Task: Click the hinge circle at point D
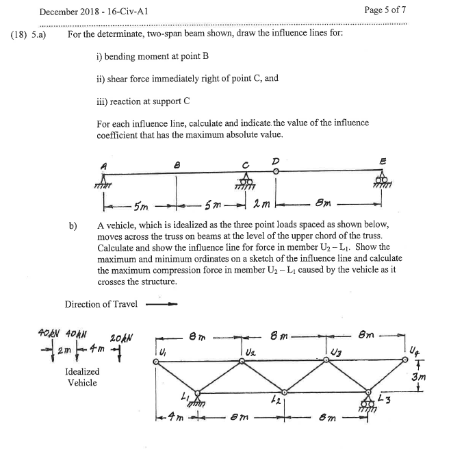tap(275, 172)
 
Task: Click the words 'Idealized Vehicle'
tap(81, 377)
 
